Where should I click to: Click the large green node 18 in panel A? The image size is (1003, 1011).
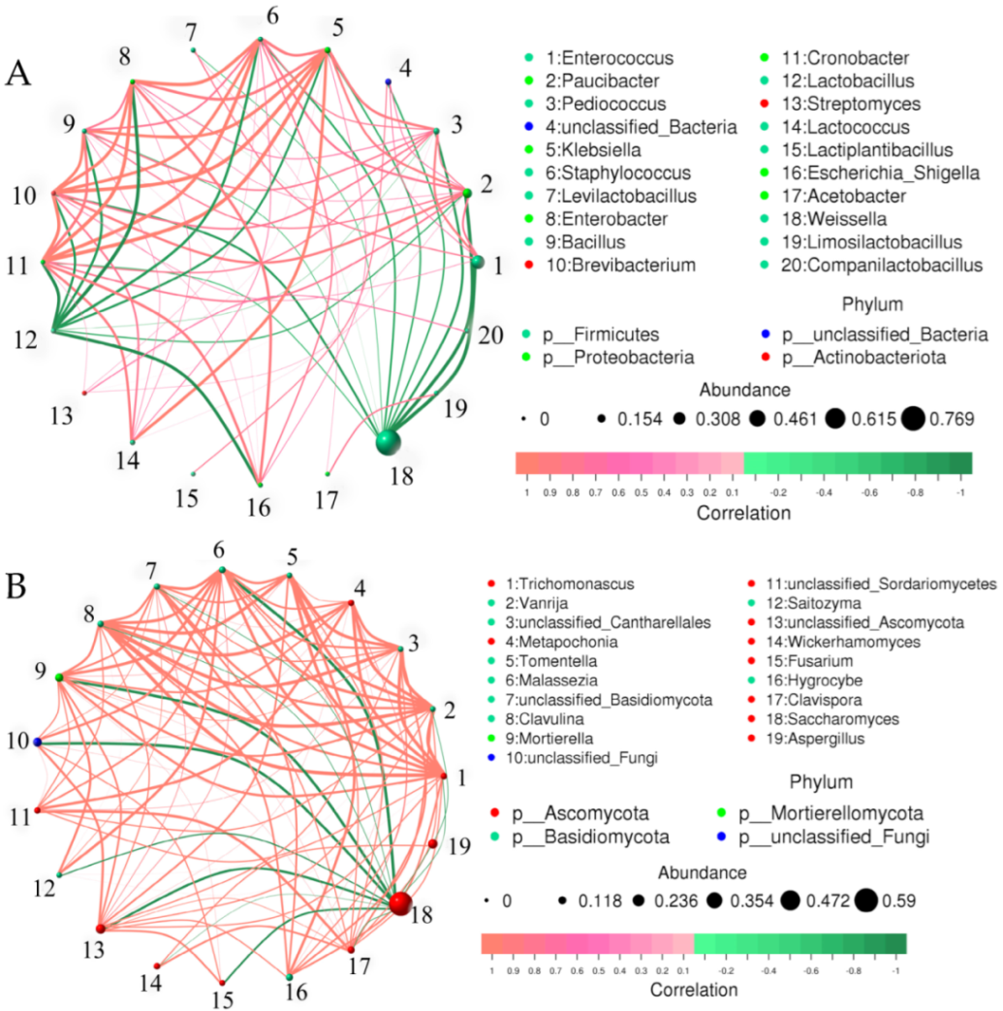(x=388, y=442)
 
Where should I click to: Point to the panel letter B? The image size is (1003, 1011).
(x=16, y=584)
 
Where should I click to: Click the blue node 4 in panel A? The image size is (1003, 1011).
(x=388, y=81)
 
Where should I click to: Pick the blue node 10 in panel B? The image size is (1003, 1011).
(x=37, y=742)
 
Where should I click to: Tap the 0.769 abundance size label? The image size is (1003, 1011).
(x=950, y=419)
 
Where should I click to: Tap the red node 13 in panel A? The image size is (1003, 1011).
(x=84, y=393)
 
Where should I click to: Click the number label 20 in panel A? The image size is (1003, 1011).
(x=491, y=335)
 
